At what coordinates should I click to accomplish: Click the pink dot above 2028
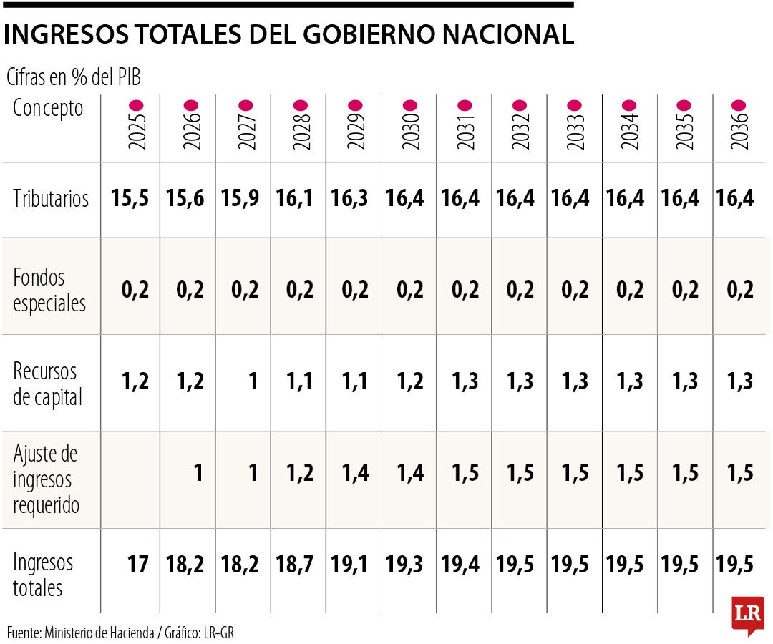click(301, 104)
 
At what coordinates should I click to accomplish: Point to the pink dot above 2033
click(575, 104)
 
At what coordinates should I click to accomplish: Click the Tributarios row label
click(51, 199)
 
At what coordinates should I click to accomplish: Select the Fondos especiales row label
click(49, 290)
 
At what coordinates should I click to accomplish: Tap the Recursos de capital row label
click(47, 384)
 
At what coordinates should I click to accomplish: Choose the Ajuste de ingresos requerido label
click(47, 479)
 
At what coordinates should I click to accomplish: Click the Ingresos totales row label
click(43, 575)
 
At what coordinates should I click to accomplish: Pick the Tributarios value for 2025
click(130, 199)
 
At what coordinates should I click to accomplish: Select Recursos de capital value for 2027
click(251, 381)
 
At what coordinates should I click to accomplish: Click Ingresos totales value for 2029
click(349, 565)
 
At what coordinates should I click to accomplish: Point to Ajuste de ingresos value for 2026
click(197, 473)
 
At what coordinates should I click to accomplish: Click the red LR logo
click(748, 614)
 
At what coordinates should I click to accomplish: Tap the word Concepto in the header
click(48, 109)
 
